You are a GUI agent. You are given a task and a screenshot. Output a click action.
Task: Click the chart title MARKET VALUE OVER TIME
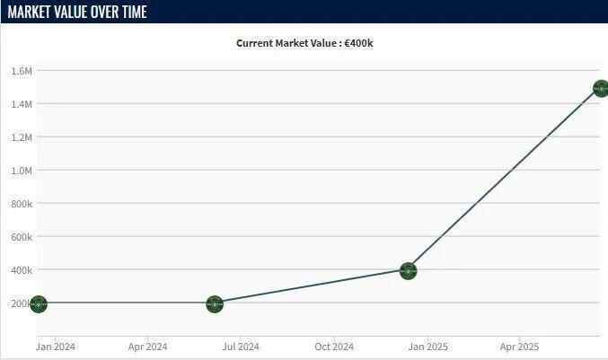point(77,12)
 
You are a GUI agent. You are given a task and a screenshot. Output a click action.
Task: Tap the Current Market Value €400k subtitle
point(304,43)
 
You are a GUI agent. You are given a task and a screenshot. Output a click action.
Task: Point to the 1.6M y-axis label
point(22,71)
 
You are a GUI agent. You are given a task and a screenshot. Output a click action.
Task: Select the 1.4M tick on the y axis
point(22,104)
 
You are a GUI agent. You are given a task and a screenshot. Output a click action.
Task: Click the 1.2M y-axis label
point(22,137)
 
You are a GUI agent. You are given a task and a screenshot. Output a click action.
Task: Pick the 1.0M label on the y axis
point(22,171)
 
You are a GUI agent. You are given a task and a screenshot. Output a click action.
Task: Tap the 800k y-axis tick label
point(22,204)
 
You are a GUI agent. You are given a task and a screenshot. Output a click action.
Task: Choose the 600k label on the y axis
point(22,237)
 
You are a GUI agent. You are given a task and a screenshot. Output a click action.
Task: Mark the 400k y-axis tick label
point(22,270)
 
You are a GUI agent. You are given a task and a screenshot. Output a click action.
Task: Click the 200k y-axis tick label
point(22,303)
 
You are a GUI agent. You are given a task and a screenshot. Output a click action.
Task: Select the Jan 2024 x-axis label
point(56,347)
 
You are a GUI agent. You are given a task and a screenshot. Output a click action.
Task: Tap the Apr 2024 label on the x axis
point(148,347)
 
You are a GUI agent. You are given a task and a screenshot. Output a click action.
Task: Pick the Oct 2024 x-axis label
point(333,347)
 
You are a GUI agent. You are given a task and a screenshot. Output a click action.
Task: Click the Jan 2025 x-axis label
point(427,347)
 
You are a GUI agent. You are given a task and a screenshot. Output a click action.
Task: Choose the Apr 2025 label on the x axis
point(520,347)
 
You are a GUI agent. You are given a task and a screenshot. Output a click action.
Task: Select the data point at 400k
point(408,270)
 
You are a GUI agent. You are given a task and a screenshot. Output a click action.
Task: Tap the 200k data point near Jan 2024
point(38,303)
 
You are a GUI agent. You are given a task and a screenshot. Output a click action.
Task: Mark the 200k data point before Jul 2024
point(214,303)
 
